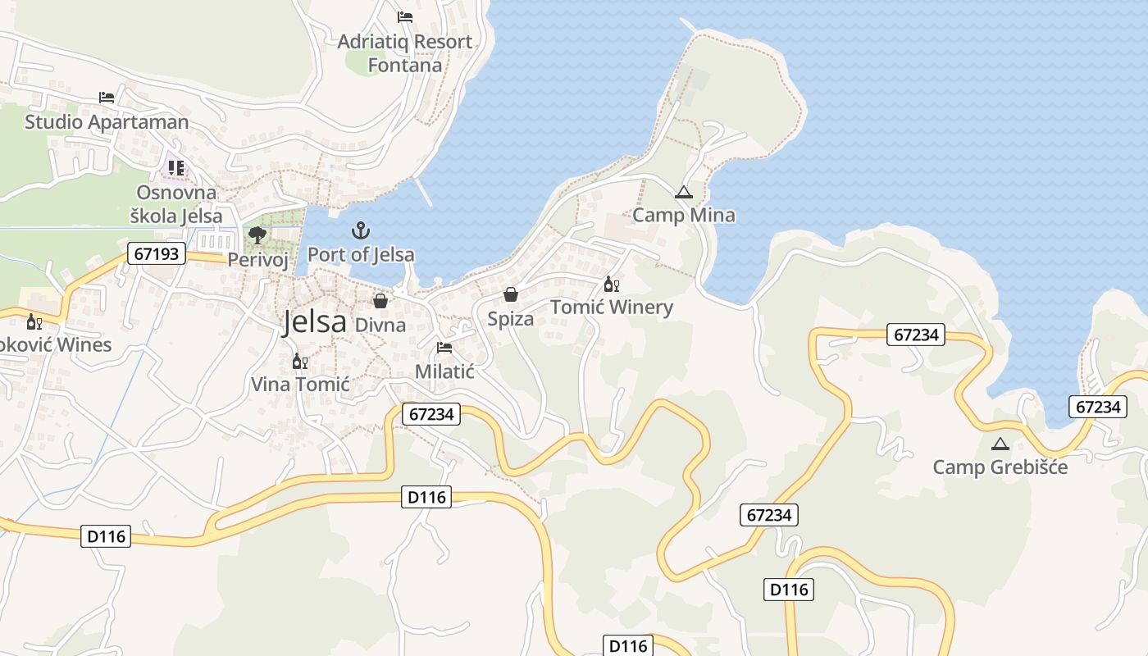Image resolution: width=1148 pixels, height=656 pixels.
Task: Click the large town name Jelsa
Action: (314, 321)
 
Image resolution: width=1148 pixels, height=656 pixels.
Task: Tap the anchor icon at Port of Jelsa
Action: (361, 230)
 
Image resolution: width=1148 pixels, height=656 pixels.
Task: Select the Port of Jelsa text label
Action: (361, 254)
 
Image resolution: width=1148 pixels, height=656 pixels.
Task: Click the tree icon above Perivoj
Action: (257, 235)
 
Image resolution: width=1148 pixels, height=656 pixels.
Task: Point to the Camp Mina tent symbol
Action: (683, 193)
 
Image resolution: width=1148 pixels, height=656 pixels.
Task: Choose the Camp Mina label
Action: (684, 215)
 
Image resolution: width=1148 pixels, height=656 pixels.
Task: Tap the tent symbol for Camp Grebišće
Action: (1000, 444)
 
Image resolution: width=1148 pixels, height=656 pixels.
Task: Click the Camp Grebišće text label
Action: (1000, 467)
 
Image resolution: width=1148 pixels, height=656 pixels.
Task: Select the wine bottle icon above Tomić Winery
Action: (611, 285)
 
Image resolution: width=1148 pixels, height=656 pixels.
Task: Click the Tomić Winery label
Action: (612, 307)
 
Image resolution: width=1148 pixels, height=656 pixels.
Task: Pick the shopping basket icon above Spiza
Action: (511, 294)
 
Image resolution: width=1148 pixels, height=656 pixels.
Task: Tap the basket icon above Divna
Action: (380, 301)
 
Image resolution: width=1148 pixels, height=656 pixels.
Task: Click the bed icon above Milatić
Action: (444, 348)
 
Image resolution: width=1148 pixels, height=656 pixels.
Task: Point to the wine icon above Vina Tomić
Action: (300, 361)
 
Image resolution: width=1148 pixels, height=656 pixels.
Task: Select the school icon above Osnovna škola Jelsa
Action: (176, 168)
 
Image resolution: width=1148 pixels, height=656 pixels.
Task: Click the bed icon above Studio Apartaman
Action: (107, 98)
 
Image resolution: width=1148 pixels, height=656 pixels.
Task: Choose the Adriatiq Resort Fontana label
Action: (405, 53)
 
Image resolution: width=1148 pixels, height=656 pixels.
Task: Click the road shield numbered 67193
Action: (156, 253)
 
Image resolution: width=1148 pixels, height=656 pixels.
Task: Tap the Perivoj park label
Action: (258, 259)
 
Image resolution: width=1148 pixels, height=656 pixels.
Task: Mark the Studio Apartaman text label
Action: (107, 122)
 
